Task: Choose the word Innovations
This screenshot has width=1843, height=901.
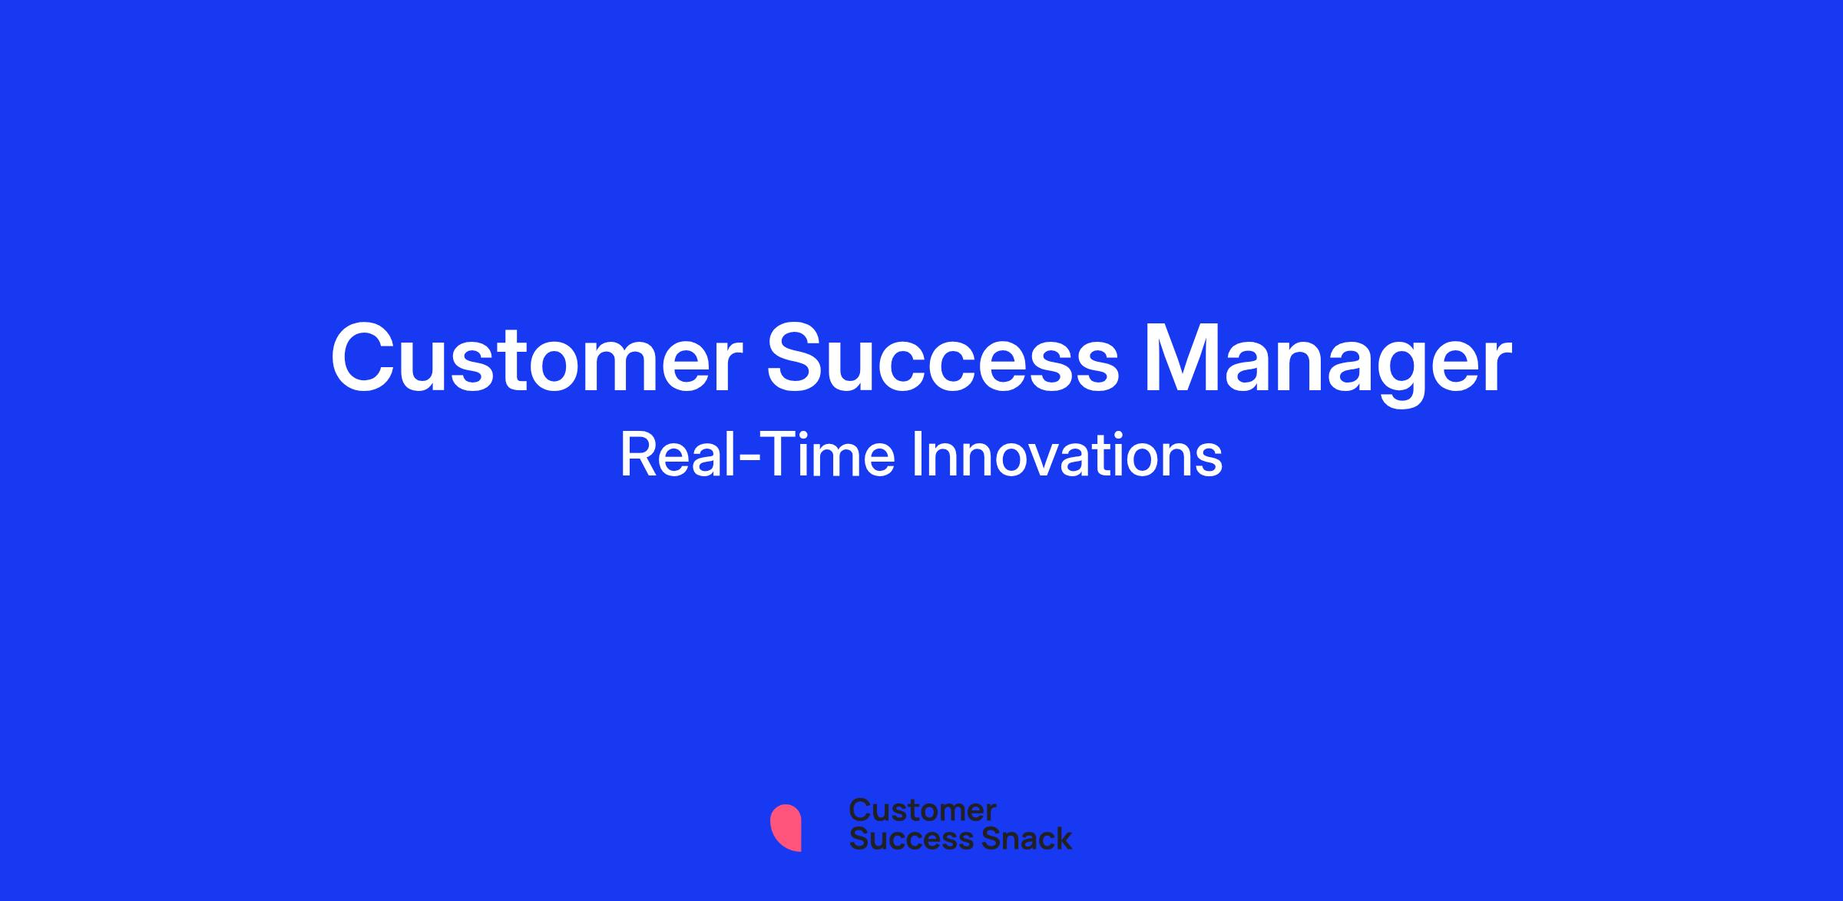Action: tap(1067, 455)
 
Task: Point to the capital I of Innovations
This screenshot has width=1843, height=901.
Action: tap(916, 455)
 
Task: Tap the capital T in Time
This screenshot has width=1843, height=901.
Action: tap(763, 455)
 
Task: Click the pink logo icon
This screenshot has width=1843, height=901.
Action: tap(786, 827)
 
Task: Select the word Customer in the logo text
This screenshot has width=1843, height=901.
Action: tap(922, 810)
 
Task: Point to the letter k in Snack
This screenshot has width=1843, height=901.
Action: tap(1063, 838)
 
